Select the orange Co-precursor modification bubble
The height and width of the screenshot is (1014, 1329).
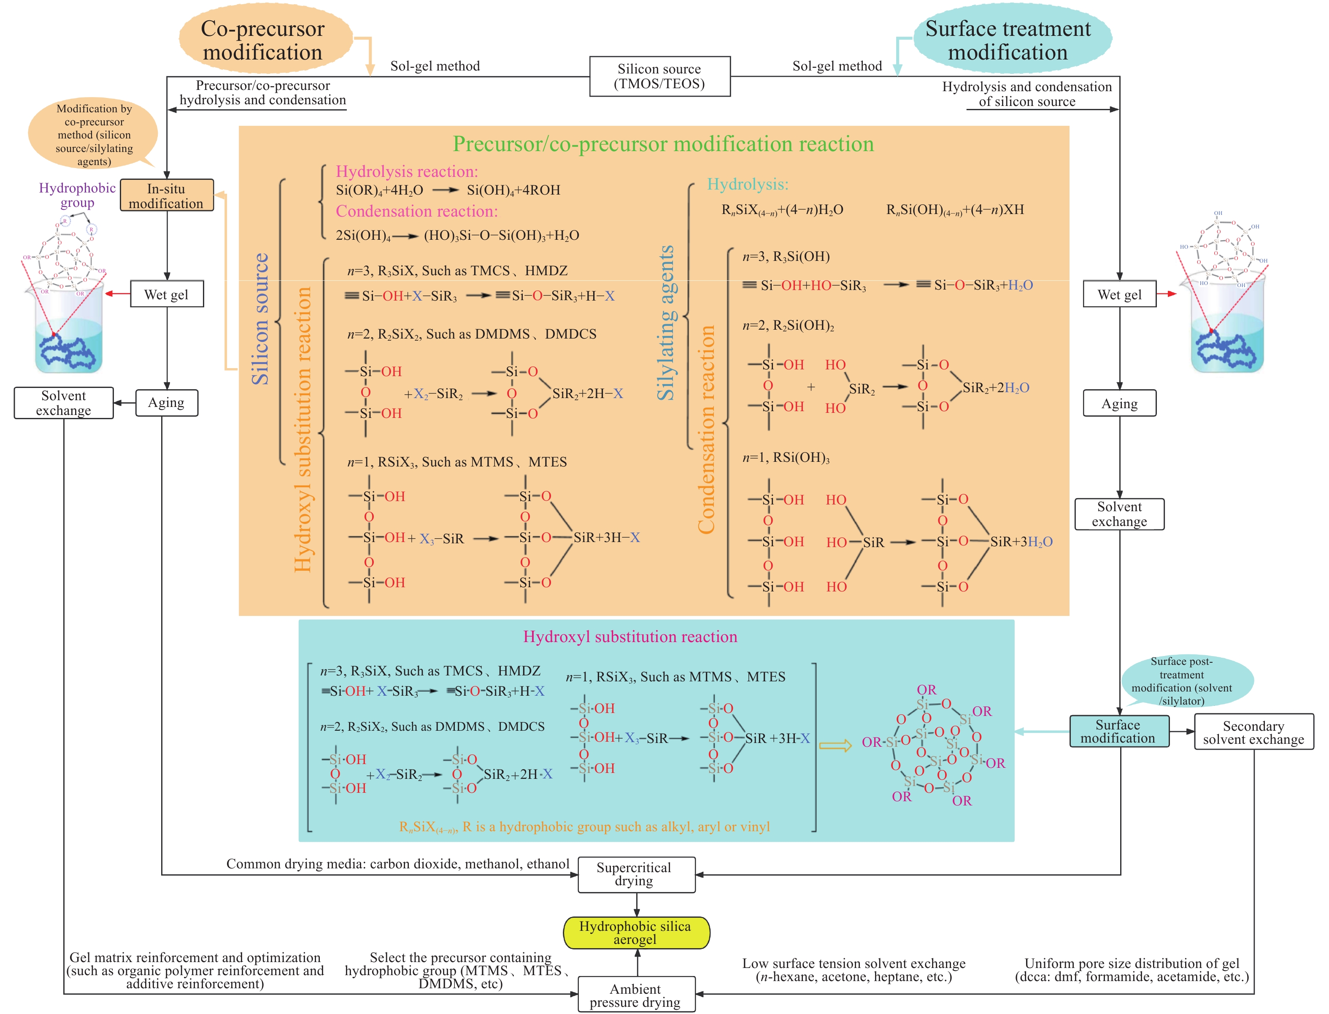[x=264, y=40]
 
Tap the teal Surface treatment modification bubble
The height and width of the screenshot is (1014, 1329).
[x=1009, y=40]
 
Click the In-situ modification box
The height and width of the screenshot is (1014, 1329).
[x=167, y=195]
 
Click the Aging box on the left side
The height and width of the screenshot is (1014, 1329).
[x=167, y=403]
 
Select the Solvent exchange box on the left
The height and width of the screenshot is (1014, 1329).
[x=63, y=403]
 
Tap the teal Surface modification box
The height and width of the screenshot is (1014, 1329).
[x=1118, y=732]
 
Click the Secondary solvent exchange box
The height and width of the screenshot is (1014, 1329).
[x=1253, y=732]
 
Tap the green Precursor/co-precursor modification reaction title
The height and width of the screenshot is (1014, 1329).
[x=663, y=144]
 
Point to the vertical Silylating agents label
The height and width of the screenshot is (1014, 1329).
[x=665, y=323]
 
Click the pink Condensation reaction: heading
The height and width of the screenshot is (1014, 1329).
[x=416, y=211]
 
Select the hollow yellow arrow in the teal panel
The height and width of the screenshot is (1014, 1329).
[x=835, y=746]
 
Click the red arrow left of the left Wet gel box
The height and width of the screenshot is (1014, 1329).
[x=118, y=294]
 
